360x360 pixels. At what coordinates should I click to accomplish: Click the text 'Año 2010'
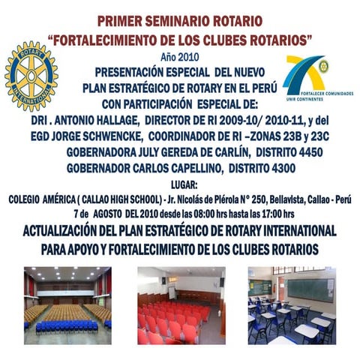[x=178, y=57]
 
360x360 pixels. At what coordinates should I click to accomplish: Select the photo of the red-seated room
[x=181, y=304]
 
